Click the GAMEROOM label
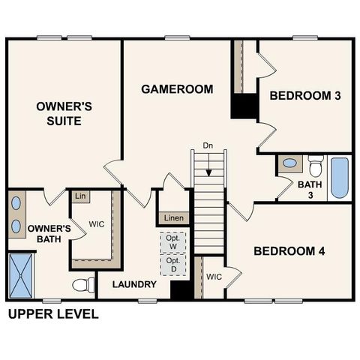(177, 89)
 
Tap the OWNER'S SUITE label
(64, 113)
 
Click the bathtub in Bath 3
(340, 177)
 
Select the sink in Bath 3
(289, 163)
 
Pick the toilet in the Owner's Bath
(83, 285)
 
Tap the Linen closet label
(173, 218)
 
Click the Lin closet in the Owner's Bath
(79, 196)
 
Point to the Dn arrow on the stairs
(208, 159)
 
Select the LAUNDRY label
(134, 284)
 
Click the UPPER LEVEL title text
(52, 313)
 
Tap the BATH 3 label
(309, 189)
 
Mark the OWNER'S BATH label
(49, 233)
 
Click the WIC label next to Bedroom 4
(214, 276)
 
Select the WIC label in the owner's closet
(97, 223)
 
